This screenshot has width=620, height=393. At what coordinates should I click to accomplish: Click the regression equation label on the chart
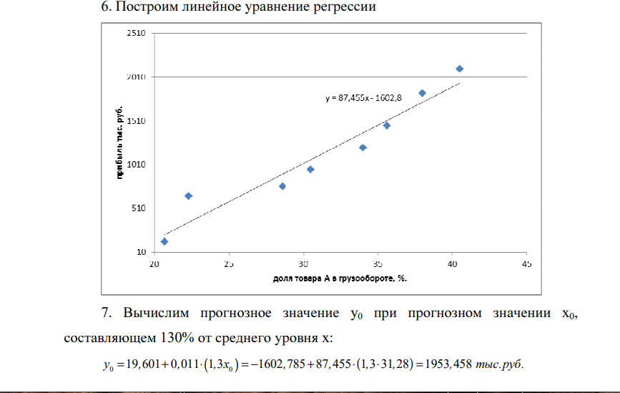(x=369, y=99)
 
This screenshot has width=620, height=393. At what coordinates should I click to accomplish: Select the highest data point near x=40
(x=460, y=69)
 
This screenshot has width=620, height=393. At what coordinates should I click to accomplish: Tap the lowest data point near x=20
(x=164, y=241)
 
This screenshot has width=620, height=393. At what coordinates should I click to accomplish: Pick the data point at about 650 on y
(x=189, y=196)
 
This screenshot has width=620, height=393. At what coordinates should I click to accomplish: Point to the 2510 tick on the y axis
(x=137, y=33)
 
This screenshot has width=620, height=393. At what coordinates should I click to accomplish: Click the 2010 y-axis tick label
(x=137, y=77)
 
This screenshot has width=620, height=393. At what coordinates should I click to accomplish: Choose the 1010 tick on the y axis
(x=137, y=165)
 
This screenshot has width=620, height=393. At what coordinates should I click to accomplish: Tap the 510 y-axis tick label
(x=138, y=208)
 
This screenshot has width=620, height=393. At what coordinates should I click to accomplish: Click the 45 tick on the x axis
(x=526, y=264)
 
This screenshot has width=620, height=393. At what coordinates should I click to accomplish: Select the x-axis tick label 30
(x=303, y=264)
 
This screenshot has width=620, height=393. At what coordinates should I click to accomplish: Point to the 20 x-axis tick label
(x=154, y=264)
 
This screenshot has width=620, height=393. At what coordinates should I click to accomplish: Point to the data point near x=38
(x=422, y=93)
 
